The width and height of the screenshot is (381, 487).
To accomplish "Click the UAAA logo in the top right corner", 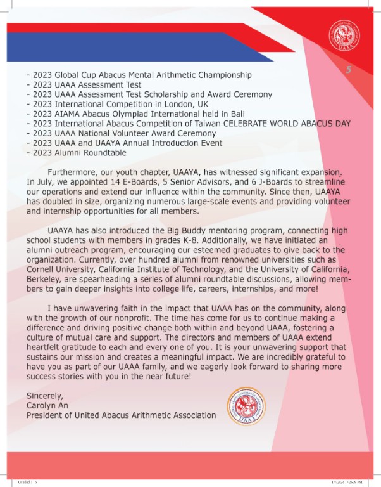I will pos(344,36).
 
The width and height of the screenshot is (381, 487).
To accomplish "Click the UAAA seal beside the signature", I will pos(247,406).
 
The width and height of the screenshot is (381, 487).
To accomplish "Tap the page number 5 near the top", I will pos(347,70).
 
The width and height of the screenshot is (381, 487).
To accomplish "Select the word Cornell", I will pos(44,269).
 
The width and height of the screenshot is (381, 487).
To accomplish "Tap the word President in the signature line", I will pos(47,415).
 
